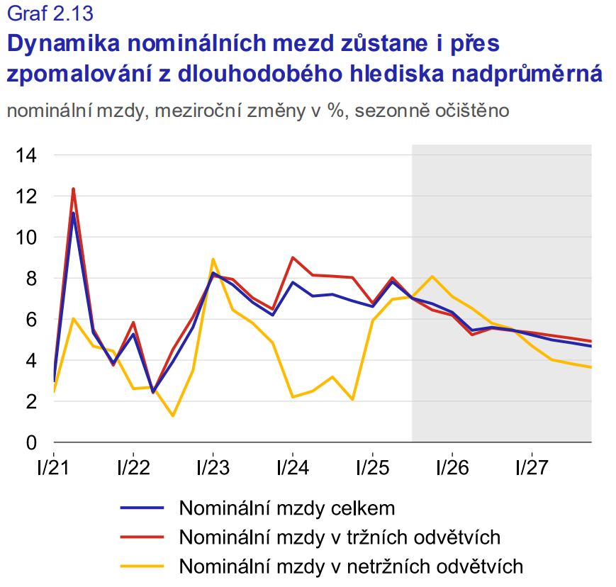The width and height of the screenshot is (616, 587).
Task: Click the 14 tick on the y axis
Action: pos(26,155)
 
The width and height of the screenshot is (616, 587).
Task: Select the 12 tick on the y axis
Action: pos(26,196)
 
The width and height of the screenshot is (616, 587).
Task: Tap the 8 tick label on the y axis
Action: pos(30,279)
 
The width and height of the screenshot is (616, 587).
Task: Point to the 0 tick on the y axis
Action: pos(30,443)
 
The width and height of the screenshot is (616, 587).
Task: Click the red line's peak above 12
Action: pos(74,189)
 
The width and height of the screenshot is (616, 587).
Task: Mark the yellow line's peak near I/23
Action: pos(213,259)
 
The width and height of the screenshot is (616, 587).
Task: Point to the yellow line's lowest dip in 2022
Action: pos(173,415)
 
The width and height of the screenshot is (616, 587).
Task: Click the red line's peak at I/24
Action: pos(293,257)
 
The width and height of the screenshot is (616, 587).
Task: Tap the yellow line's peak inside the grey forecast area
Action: pos(432,276)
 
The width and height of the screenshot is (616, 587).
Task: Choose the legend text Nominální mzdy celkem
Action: pos(287,508)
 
